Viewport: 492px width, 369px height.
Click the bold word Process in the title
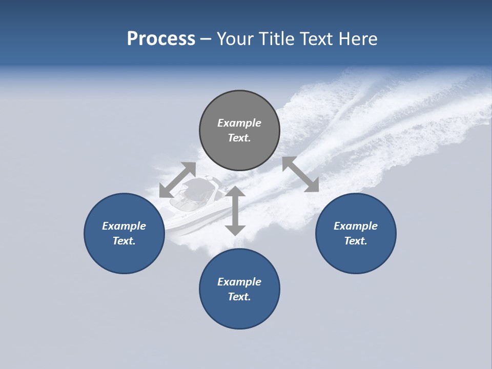point(161,39)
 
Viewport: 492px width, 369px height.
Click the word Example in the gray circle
point(239,123)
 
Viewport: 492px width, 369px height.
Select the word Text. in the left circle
point(124,241)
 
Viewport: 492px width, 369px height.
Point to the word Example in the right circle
point(356,226)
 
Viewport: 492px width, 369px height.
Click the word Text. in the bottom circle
point(239,297)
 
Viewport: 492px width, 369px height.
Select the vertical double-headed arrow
point(235,211)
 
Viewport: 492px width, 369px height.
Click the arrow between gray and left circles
point(177,180)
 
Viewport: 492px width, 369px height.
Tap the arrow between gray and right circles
point(300,174)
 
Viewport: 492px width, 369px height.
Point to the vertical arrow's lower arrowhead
point(235,229)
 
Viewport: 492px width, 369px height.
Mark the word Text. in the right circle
point(356,241)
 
